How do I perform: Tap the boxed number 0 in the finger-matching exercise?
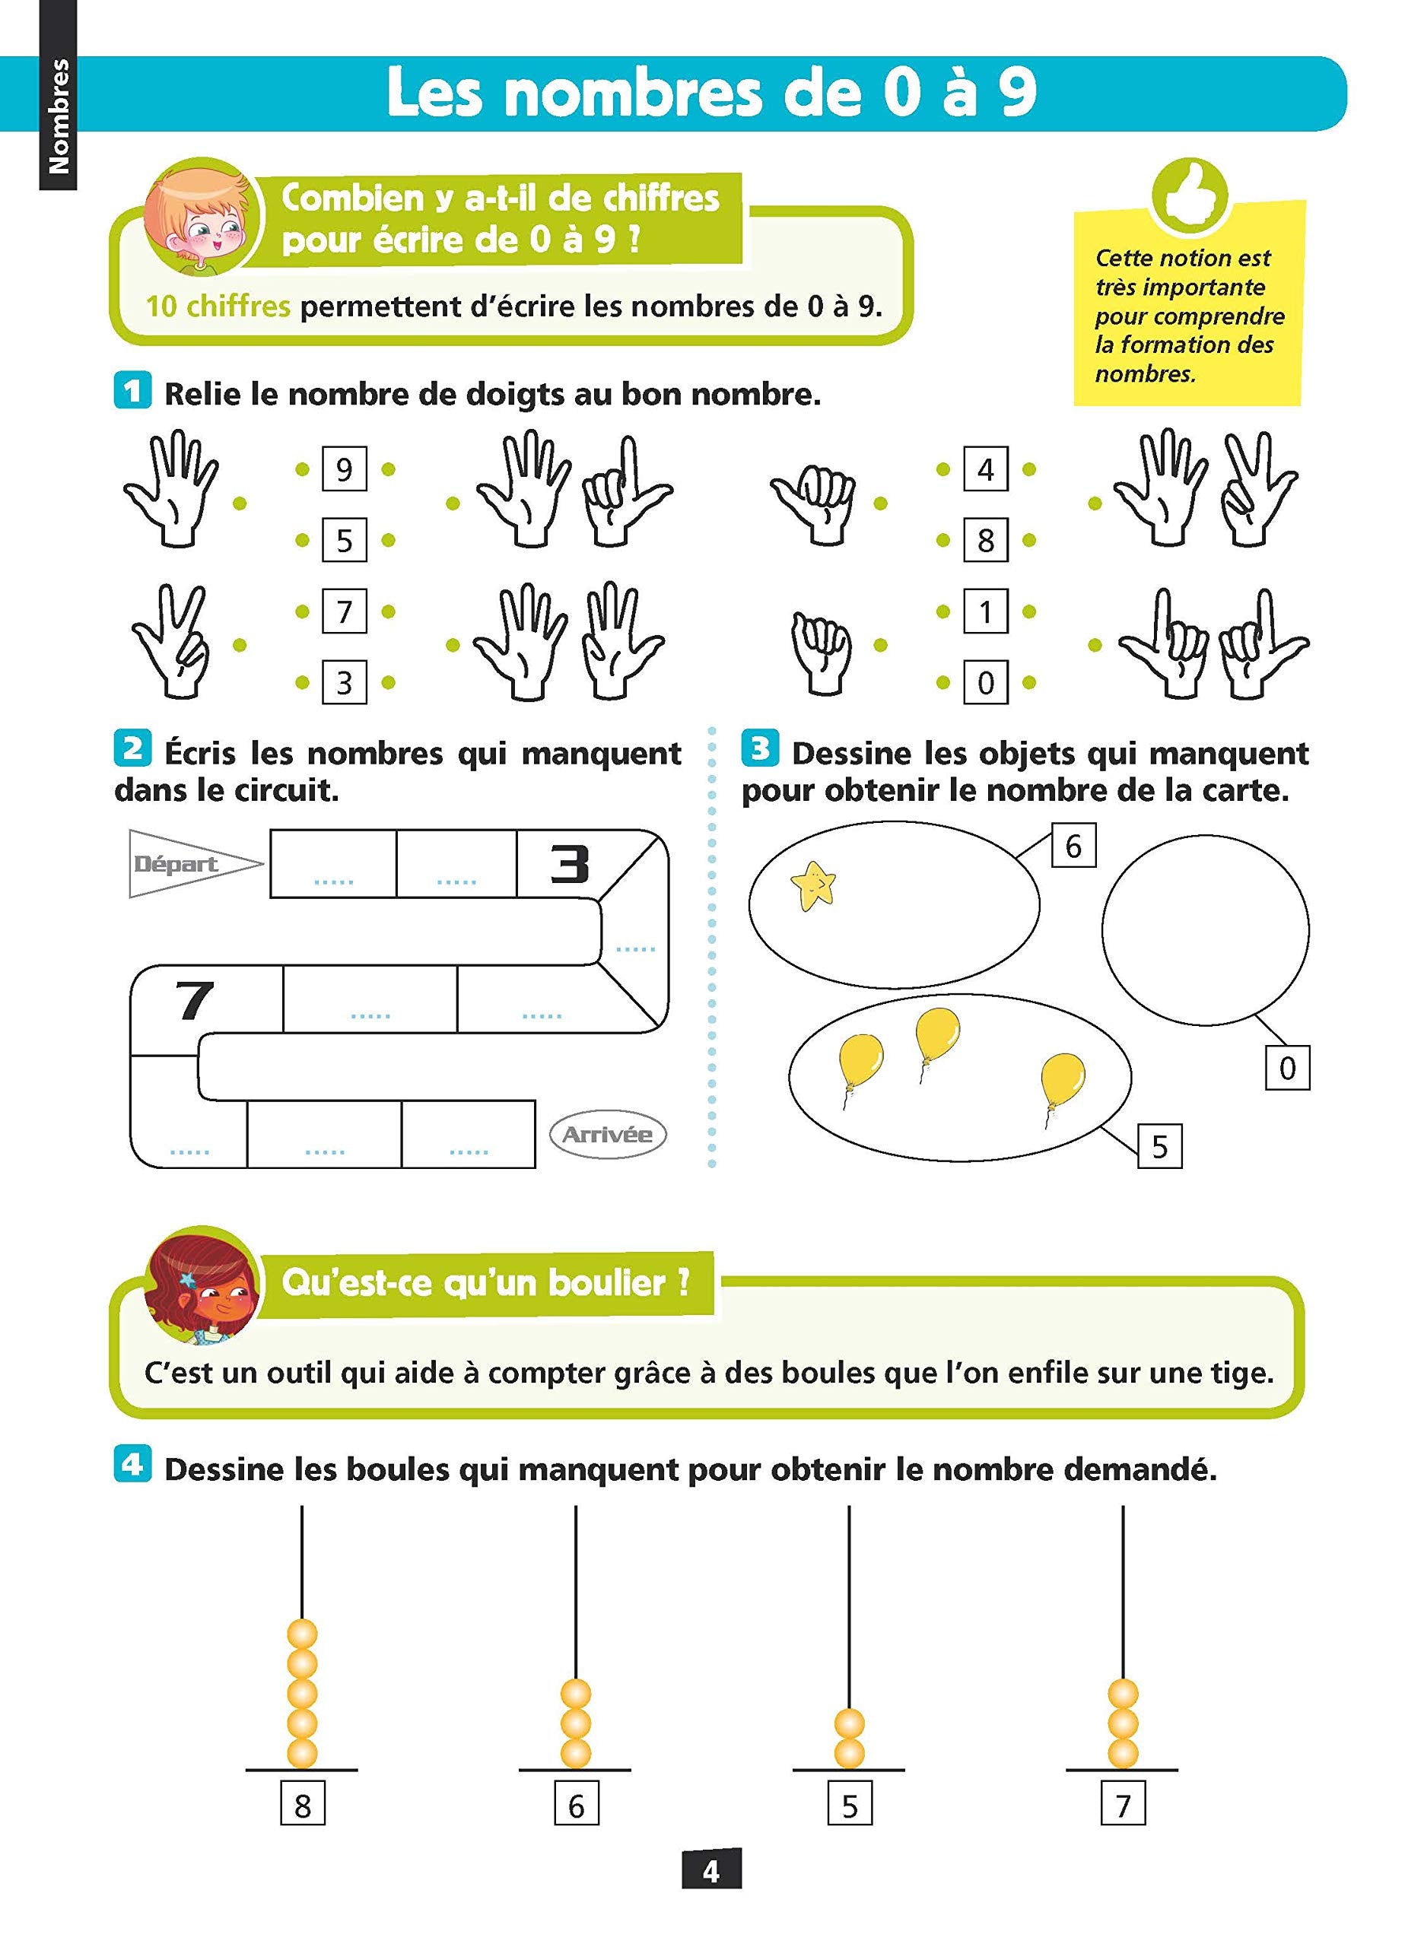pos(985,683)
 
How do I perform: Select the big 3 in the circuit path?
pos(570,864)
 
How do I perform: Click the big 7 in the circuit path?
pos(195,1000)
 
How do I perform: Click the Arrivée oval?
pos(608,1134)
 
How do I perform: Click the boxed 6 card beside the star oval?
pos(1073,846)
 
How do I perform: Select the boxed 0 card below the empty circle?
pos(1287,1068)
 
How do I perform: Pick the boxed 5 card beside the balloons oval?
pos(1159,1146)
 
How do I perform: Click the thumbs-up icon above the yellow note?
pos(1191,196)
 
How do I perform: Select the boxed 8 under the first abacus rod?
pos(303,1805)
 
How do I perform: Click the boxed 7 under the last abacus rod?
pos(1122,1805)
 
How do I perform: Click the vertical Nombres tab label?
pos(58,116)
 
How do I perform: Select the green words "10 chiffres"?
pos(218,306)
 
